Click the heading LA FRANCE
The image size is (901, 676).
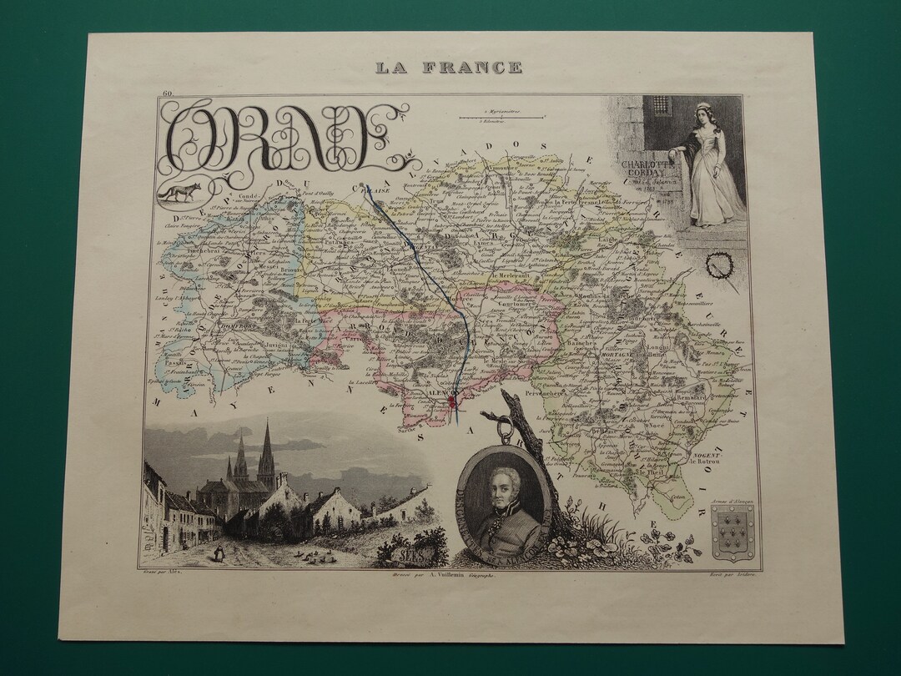click(449, 68)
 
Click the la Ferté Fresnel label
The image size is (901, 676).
click(575, 201)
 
